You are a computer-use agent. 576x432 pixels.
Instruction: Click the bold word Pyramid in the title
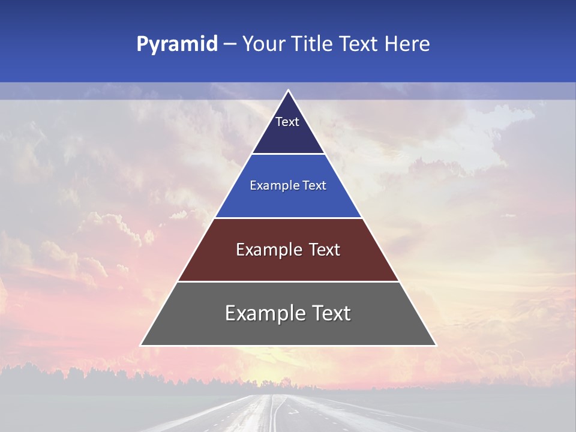[x=176, y=44]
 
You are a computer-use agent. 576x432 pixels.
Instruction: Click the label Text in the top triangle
[x=287, y=122]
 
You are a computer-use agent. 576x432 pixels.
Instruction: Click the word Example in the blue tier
[x=271, y=185]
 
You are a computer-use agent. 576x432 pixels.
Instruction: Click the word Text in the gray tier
[x=330, y=313]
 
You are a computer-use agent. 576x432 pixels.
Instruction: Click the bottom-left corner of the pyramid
[x=141, y=345]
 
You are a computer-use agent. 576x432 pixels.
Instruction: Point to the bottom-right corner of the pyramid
[x=436, y=345]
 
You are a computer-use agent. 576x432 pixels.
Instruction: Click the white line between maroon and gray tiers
[x=288, y=281]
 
